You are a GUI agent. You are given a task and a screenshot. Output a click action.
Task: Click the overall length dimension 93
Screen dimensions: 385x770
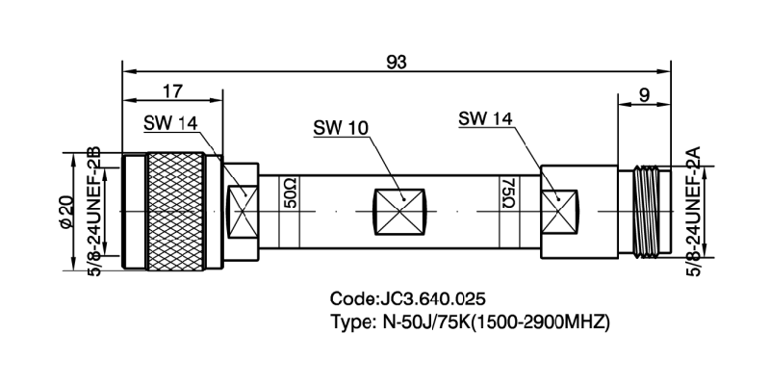pos(396,61)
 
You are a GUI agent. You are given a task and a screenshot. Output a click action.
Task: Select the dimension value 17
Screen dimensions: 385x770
pos(172,92)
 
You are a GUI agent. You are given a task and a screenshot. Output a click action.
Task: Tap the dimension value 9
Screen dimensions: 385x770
pos(642,94)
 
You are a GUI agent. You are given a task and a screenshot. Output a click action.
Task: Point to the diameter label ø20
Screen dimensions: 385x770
pos(66,210)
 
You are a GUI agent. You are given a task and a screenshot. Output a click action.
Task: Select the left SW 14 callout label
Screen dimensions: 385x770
pos(171,123)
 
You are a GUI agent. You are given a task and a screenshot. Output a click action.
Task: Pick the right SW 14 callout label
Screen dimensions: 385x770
pos(486,119)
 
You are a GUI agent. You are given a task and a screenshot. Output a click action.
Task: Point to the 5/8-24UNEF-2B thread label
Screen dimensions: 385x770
pos(94,210)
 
